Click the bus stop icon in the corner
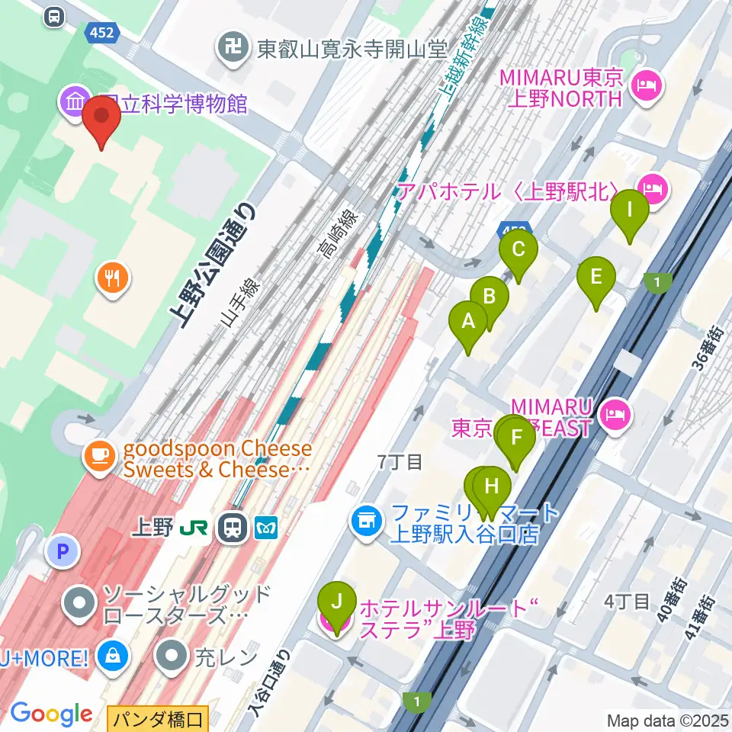pyautogui.click(x=54, y=16)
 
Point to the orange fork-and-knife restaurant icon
pyautogui.click(x=113, y=276)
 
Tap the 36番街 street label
pyautogui.click(x=705, y=348)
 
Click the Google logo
pyautogui.click(x=51, y=714)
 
